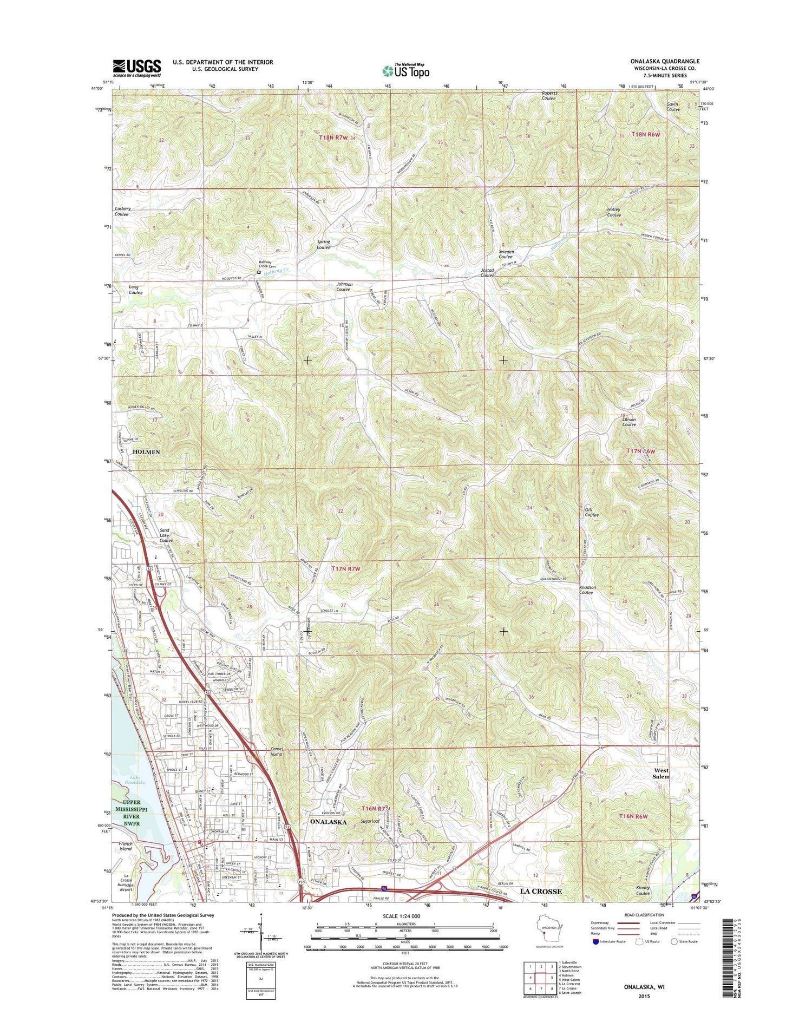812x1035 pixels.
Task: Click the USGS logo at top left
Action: click(137, 68)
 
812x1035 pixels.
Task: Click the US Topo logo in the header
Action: click(406, 70)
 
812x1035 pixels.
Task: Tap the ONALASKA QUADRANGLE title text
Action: click(664, 61)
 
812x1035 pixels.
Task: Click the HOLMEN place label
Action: click(146, 452)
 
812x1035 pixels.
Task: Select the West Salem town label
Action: click(661, 773)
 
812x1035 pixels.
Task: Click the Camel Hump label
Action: click(277, 751)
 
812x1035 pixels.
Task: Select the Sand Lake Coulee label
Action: click(166, 535)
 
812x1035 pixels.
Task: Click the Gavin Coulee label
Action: click(673, 107)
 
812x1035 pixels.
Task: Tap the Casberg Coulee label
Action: click(121, 211)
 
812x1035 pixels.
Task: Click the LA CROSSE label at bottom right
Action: click(541, 890)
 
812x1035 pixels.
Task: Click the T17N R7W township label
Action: click(345, 569)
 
